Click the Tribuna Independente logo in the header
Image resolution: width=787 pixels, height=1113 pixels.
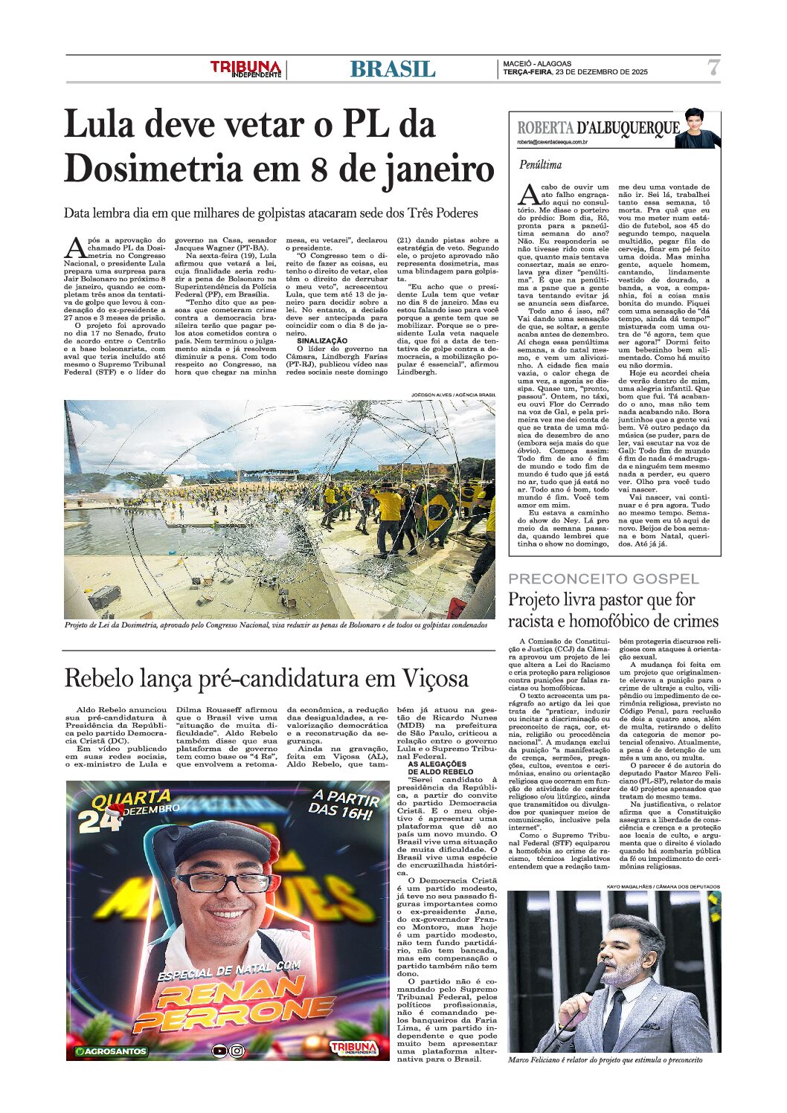(245, 69)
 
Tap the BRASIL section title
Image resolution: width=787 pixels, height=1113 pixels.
(392, 69)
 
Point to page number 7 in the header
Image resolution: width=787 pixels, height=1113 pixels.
(713, 68)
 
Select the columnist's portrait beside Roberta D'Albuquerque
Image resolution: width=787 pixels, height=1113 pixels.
(700, 130)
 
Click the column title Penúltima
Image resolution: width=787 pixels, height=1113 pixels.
(541, 164)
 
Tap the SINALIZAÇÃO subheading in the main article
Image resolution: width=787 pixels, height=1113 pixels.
(322, 341)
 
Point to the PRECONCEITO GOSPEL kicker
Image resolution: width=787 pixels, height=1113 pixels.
(603, 578)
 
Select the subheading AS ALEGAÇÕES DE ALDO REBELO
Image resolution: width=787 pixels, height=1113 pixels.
(437, 768)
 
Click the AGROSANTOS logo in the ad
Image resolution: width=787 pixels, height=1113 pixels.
(112, 1051)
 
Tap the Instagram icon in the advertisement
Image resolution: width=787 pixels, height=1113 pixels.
(237, 1051)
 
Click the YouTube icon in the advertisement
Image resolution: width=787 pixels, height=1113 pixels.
(219, 1051)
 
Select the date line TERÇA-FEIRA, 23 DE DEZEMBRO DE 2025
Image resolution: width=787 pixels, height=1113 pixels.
(575, 72)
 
